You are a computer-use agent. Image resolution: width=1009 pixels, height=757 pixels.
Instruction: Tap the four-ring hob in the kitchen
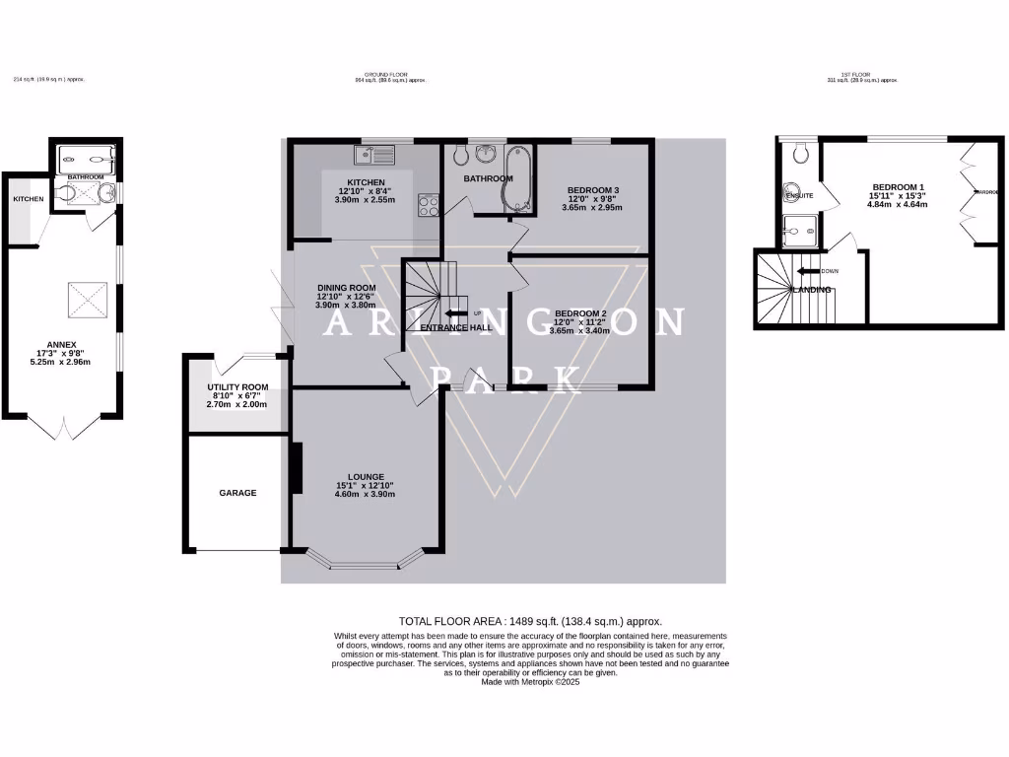coord(429,204)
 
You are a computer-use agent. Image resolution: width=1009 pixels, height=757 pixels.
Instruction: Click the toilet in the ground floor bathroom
coord(486,155)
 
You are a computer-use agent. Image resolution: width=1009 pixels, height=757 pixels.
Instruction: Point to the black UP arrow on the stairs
coord(456,313)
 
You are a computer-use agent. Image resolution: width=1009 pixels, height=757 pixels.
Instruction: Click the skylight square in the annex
coord(83,298)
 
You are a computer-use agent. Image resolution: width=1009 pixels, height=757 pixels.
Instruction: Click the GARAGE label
coord(237,493)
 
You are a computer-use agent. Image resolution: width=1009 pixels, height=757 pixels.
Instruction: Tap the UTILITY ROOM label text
coord(236,387)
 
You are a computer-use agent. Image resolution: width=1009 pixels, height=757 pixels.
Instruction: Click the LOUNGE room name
coord(366,477)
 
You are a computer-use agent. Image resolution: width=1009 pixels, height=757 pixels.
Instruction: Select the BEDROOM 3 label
coord(593,190)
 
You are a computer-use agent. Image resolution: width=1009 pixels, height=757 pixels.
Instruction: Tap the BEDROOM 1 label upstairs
coord(898,186)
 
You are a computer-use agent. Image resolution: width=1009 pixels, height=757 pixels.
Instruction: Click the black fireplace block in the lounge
coord(295,468)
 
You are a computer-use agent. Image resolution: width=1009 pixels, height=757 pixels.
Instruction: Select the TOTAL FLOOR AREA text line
coord(530,622)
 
